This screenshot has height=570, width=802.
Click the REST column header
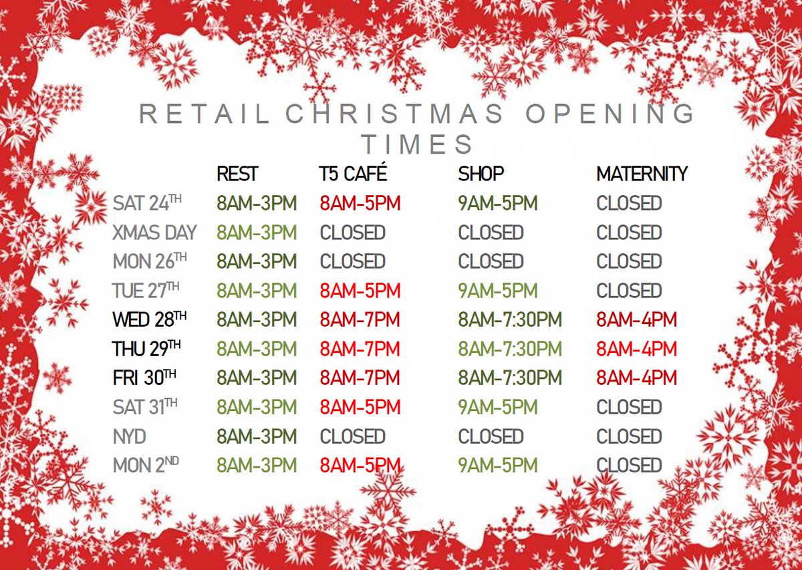point(237,174)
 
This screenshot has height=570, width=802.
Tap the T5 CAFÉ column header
point(353,174)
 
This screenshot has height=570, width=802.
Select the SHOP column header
point(481,174)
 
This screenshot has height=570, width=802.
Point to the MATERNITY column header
point(642,174)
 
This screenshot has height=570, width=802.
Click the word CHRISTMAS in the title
point(395,114)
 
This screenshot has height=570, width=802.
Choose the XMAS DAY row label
point(155,233)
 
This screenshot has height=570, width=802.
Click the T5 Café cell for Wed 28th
point(360,320)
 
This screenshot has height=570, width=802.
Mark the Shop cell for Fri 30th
point(510,378)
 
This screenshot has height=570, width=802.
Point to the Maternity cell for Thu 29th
point(636,349)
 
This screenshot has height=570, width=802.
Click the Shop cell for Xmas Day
point(491,233)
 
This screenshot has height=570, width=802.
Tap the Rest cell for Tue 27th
point(257,291)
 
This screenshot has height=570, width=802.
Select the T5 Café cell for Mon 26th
point(352,261)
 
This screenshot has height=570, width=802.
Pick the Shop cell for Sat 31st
point(498,407)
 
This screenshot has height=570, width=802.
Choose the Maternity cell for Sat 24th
point(629,203)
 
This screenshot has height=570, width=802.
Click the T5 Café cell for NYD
point(352,436)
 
